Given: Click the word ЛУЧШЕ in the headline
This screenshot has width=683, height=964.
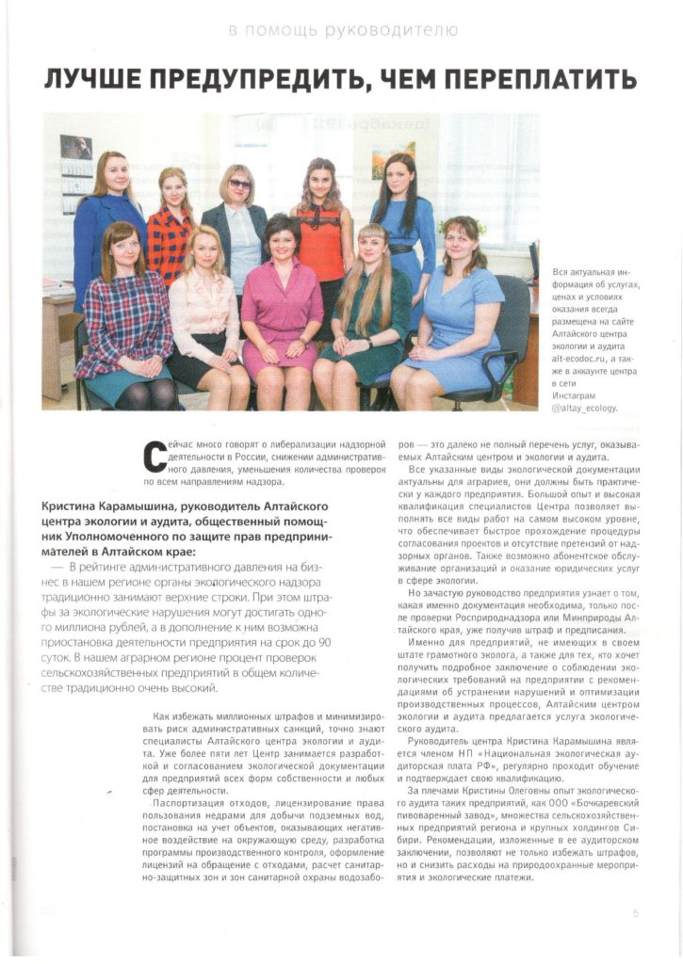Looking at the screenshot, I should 92,78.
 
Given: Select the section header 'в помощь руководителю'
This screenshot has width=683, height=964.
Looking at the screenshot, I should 344,30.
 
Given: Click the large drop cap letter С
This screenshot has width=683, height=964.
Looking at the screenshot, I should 154,456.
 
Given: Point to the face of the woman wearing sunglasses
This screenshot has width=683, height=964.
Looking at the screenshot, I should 238,183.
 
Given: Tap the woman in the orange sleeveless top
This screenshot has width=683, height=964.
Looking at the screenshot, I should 322,226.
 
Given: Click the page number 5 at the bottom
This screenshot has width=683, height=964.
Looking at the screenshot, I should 635,912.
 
